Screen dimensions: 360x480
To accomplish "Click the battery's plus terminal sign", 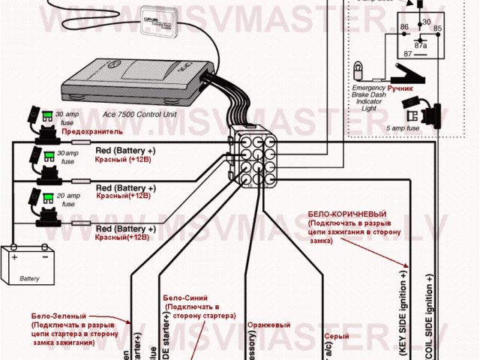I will pyautogui.click(x=14, y=256).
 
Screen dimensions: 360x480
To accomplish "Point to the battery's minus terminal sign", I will pyautogui.click(x=46, y=256).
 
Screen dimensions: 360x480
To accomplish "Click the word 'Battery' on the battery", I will pyautogui.click(x=30, y=278).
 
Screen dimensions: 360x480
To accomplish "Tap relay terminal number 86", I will pyautogui.click(x=405, y=27).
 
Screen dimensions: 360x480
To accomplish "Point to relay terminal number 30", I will pyautogui.click(x=427, y=22).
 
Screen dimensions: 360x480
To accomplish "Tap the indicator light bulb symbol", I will pyautogui.click(x=361, y=72).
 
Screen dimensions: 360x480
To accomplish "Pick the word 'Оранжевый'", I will pyautogui.click(x=269, y=325).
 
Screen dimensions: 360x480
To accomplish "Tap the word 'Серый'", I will pyautogui.click(x=336, y=337).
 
